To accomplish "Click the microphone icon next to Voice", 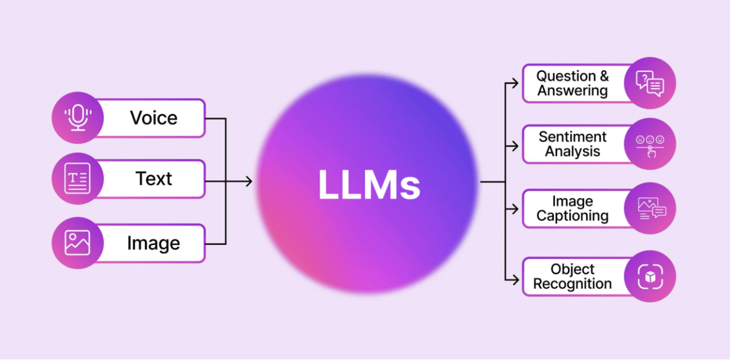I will pos(78,118).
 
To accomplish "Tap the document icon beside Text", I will pos(78,179).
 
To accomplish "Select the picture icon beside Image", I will pos(78,243).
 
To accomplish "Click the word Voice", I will pos(153,118).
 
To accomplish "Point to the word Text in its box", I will pos(153,179).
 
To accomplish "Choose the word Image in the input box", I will pos(153,243).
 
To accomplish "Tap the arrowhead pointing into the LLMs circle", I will pos(248,181).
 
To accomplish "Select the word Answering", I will pos(573,91).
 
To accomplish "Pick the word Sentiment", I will pos(573,137).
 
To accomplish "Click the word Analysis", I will pos(573,152).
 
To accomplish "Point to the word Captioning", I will pos(573,216).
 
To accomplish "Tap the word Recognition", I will pos(573,284).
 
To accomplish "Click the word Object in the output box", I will pos(573,269).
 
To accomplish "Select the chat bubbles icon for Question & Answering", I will pos(650,84).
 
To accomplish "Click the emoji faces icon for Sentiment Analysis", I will pos(650,144).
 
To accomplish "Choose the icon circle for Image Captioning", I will pos(650,209).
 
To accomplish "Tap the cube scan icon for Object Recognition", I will pos(650,277).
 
